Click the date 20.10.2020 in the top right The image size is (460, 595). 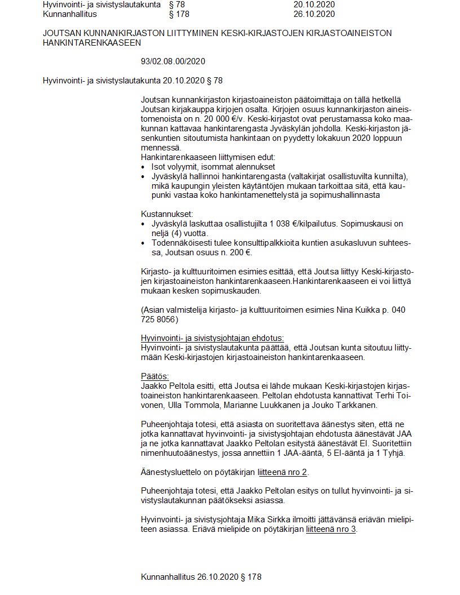(314, 5)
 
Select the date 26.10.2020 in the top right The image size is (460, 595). (314, 14)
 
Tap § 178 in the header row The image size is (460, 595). (179, 14)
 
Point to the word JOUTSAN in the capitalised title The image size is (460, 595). (60, 33)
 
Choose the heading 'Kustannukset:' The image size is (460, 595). (167, 214)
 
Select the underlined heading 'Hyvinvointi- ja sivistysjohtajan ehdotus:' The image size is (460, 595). (213, 338)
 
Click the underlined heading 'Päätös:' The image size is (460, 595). (155, 376)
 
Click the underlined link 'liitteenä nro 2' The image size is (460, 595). (282, 472)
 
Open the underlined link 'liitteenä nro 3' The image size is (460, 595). (331, 529)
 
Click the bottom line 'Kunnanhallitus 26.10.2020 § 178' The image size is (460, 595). (201, 577)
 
